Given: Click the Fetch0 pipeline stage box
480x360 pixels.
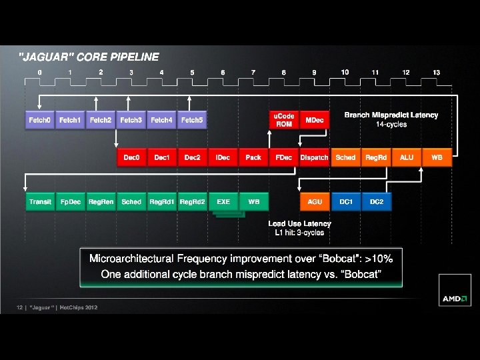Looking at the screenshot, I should coord(39,120).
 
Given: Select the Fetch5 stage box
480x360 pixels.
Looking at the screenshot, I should coord(191,120).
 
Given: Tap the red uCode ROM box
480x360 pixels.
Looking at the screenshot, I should coord(284,120).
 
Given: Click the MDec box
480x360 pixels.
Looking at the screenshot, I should coord(314,120).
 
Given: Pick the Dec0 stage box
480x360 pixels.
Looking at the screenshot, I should coord(131,157).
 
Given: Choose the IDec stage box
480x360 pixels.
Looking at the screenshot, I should coord(223,157).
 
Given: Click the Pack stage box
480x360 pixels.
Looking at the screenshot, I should coord(253,157).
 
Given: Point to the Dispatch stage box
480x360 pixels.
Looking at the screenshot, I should coord(314,157).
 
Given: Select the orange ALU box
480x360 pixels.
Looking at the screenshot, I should coord(406,157).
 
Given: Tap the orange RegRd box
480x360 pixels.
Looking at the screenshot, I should coord(375,157).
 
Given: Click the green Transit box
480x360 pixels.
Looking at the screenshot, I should coord(39,201).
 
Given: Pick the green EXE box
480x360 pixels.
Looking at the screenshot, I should coord(223,201).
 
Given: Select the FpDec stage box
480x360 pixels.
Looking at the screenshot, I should coord(70,201).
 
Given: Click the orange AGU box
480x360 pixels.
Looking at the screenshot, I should coord(314,201).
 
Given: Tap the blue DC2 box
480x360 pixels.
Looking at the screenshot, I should coord(376,201).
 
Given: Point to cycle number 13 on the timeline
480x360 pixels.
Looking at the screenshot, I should coord(436,72).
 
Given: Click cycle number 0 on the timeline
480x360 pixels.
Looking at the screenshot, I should coord(40,72).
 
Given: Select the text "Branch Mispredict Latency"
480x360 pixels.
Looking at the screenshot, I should coord(391,115).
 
